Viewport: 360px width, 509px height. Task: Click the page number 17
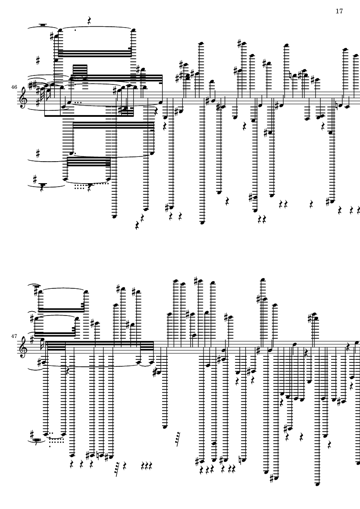pyautogui.click(x=339, y=11)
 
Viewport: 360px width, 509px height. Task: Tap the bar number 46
pyautogui.click(x=14, y=87)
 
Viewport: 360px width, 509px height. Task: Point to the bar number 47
pyautogui.click(x=14, y=336)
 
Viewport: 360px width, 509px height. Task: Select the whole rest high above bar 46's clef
pyautogui.click(x=43, y=25)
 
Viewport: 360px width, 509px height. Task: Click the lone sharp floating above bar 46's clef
pyautogui.click(x=38, y=60)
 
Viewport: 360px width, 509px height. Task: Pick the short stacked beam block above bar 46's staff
pyautogui.click(x=80, y=70)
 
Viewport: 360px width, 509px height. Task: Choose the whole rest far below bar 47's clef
pyautogui.click(x=38, y=440)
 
